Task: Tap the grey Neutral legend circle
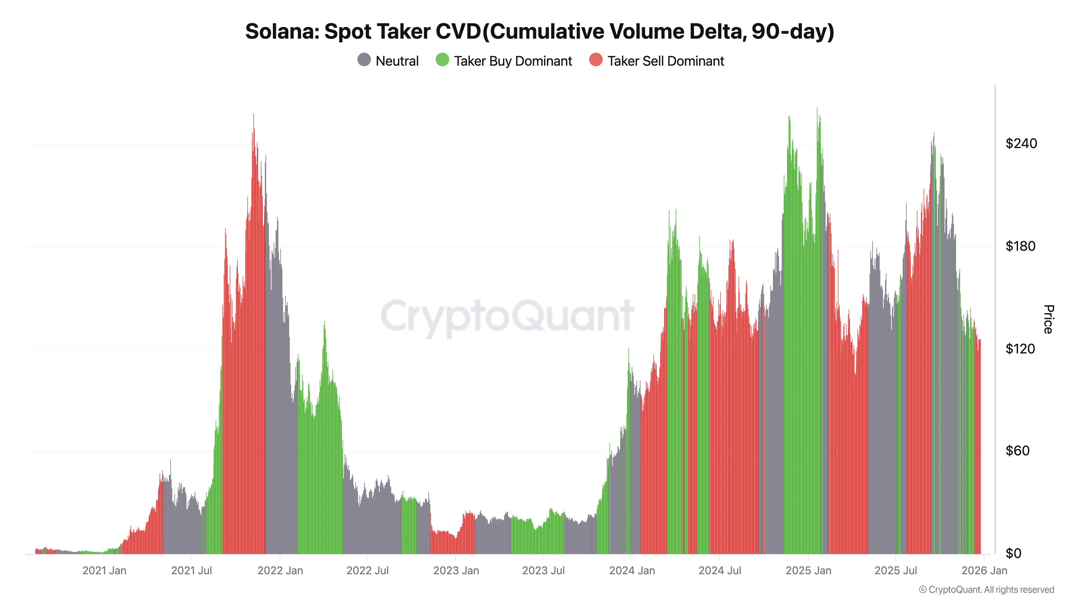[x=364, y=60]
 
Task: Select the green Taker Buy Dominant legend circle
[x=442, y=60]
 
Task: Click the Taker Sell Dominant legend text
[x=666, y=61]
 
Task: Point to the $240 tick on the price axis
[x=1021, y=143]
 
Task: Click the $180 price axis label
[x=1020, y=246]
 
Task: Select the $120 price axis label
[x=1020, y=348]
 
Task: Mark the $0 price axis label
[x=1013, y=553]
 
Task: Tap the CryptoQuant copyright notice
[x=986, y=590]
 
